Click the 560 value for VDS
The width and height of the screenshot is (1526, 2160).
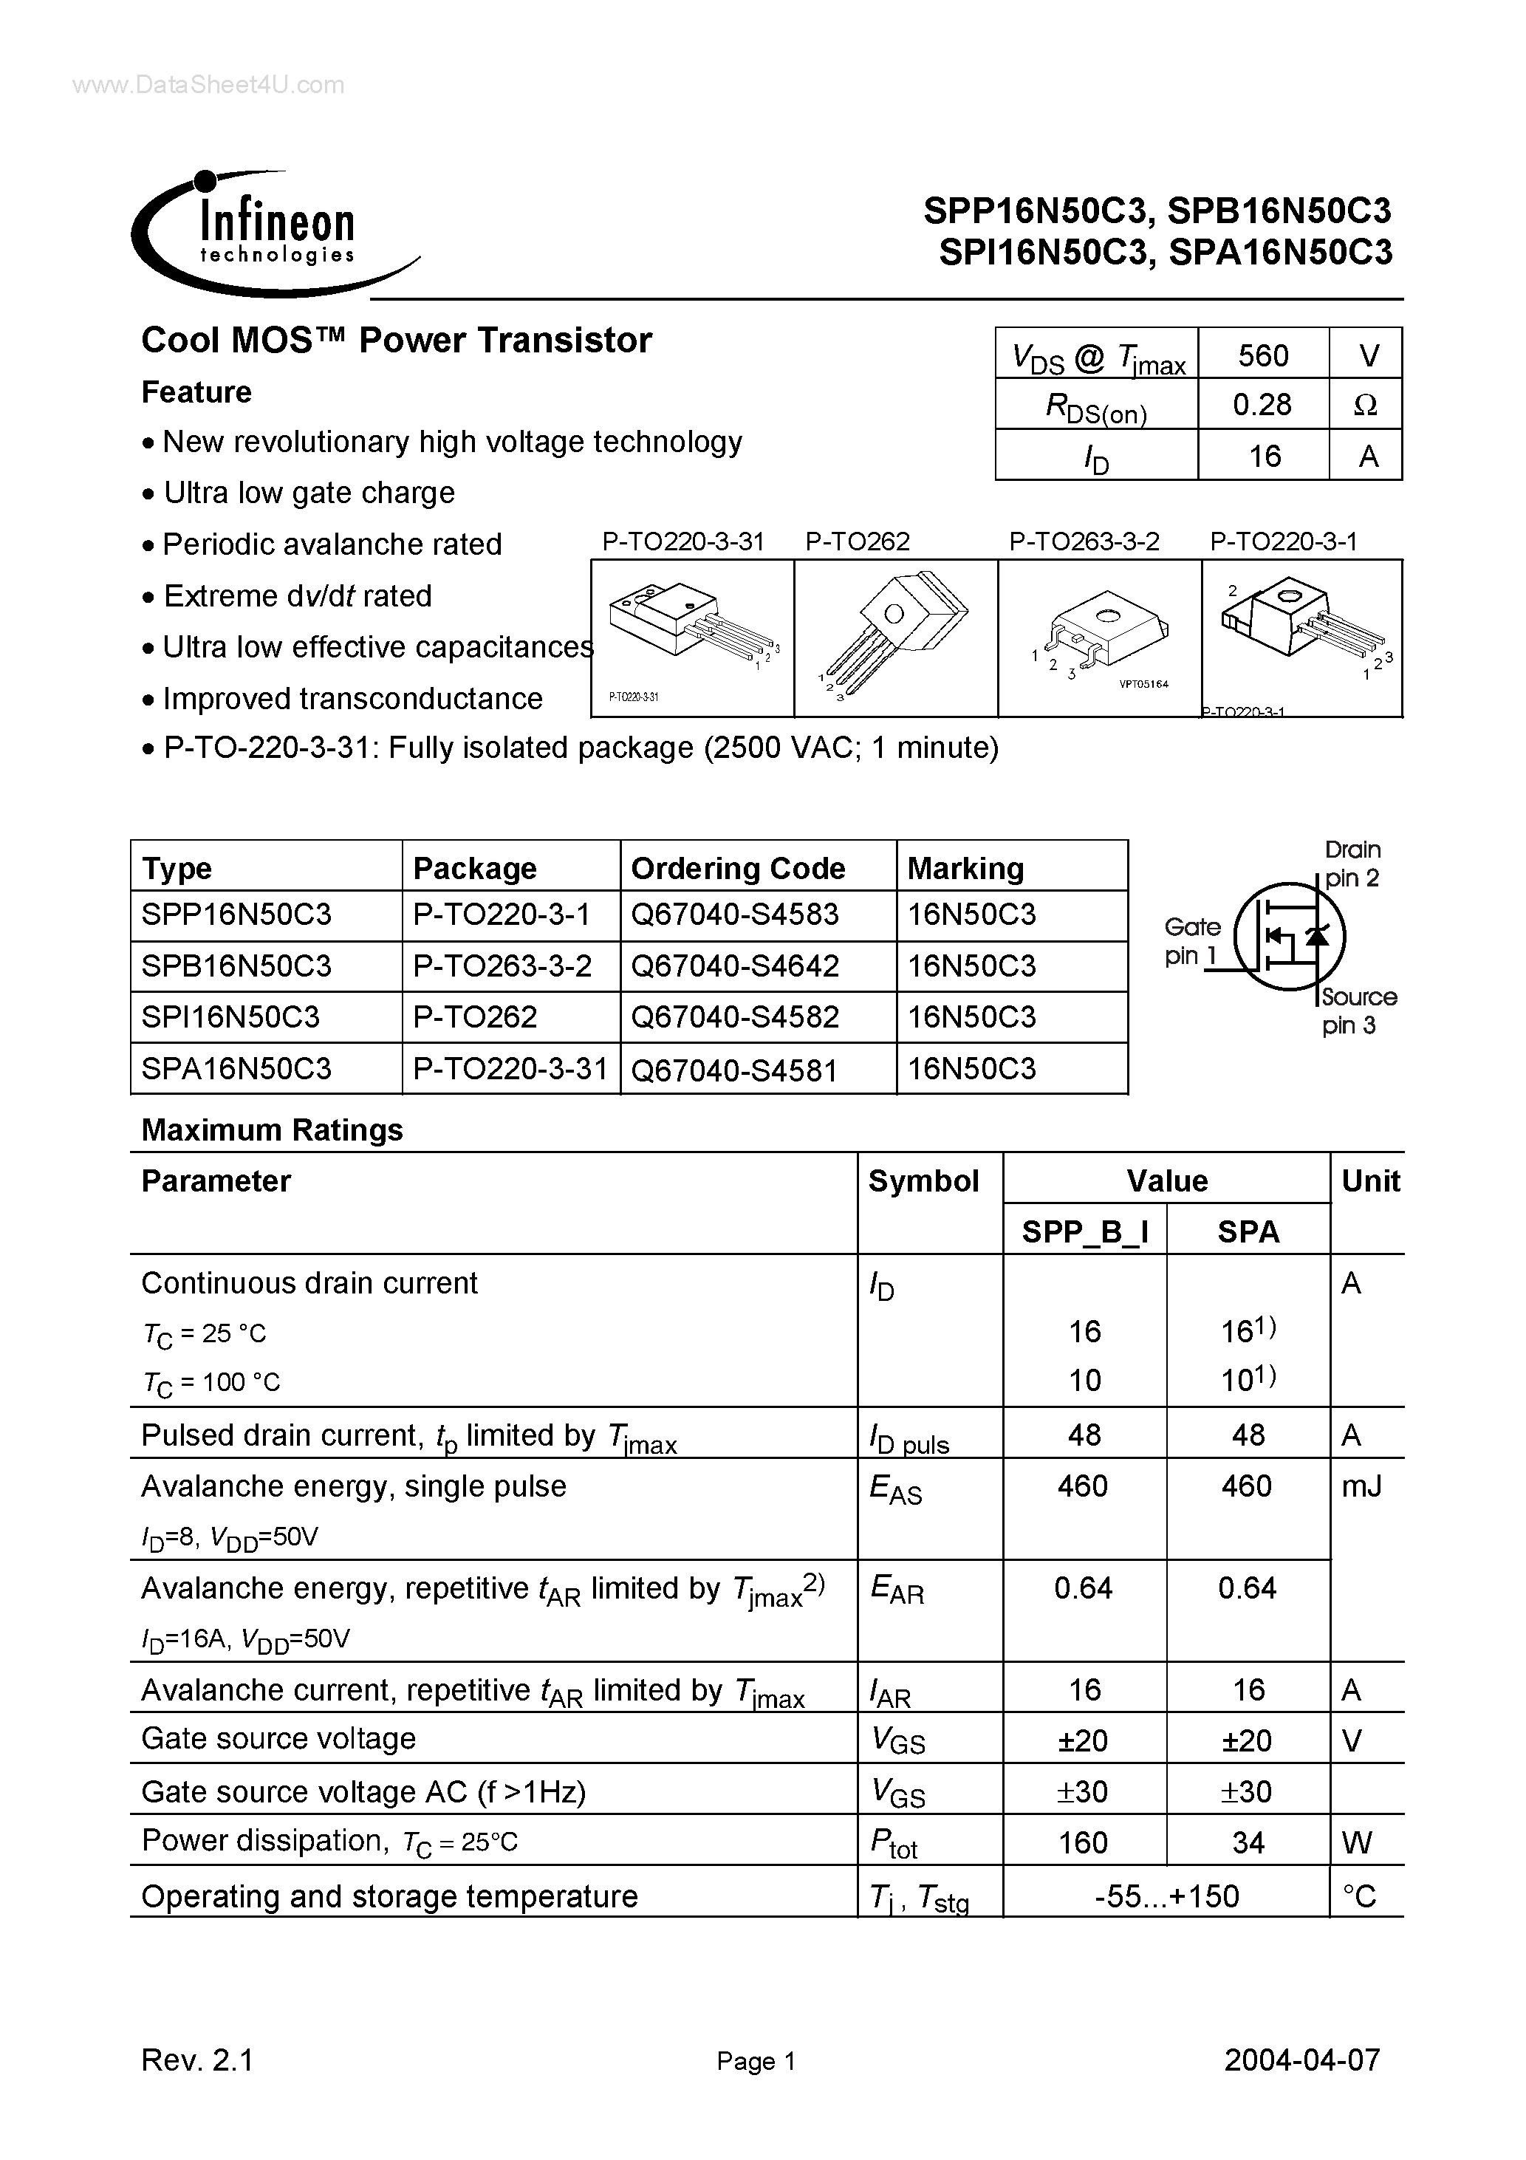[1262, 355]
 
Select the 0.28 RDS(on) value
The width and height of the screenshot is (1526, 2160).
[1262, 406]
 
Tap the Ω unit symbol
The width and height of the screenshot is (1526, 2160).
[1365, 406]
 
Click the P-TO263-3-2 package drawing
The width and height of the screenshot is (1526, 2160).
[1100, 638]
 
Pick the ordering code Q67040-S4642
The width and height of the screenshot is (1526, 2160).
[734, 966]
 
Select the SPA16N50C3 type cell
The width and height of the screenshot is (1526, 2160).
[236, 1069]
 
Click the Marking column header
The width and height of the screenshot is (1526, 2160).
[965, 867]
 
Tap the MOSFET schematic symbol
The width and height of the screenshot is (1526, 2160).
[1289, 935]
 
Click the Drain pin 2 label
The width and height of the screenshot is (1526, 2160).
[1352, 864]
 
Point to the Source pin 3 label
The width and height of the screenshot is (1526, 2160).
[1358, 1011]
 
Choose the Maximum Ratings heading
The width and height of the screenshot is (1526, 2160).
[272, 1129]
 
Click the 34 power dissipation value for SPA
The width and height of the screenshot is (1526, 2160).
[1248, 1842]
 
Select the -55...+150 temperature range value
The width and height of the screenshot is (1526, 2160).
[1166, 1895]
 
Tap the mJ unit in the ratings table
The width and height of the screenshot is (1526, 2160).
[1361, 1486]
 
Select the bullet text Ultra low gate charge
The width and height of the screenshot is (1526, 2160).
[309, 493]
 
